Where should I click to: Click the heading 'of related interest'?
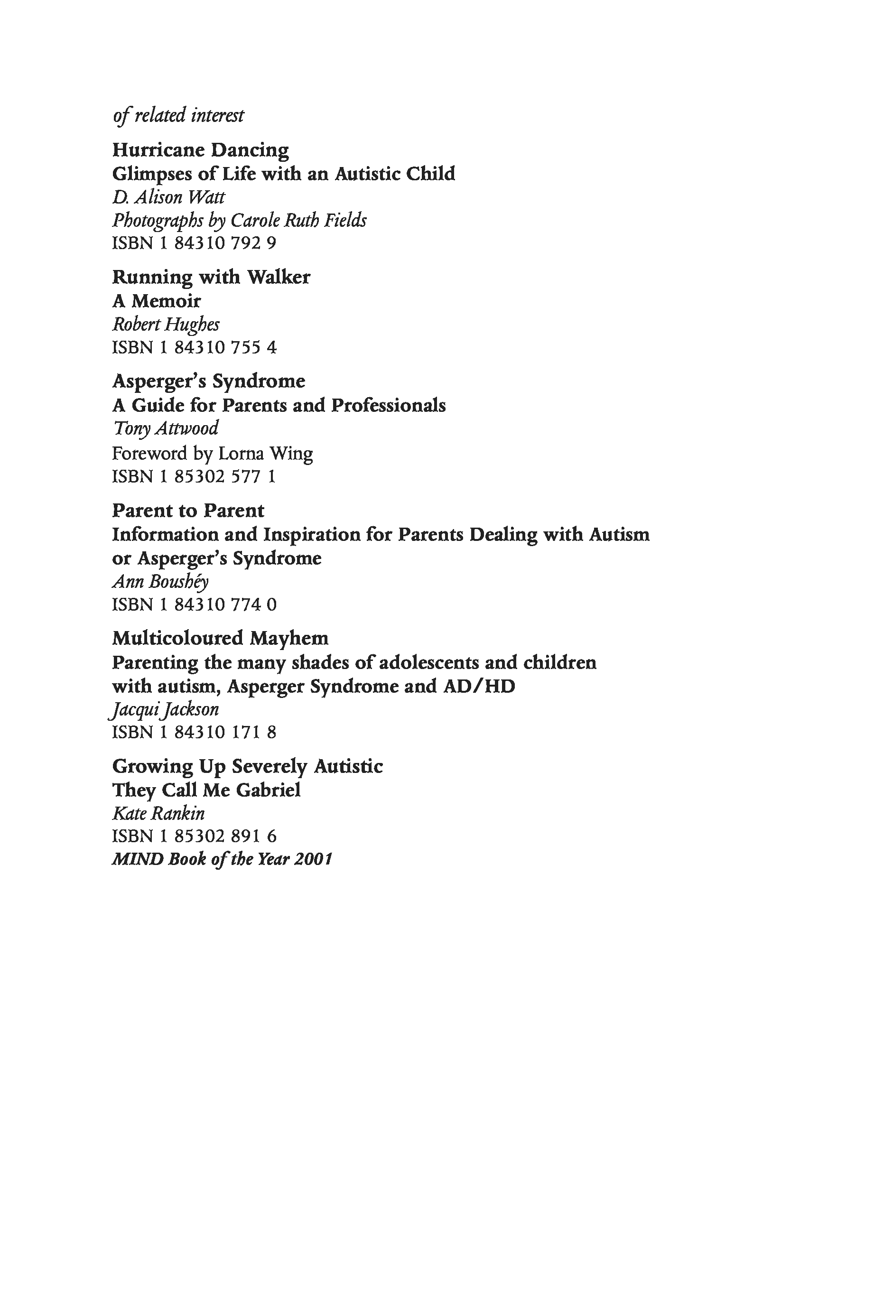[178, 115]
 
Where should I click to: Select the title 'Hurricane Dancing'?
[201, 150]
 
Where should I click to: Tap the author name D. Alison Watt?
[168, 197]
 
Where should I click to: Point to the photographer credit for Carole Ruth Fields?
[239, 221]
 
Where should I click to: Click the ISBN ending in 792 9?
[194, 243]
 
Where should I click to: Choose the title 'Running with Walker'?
[211, 277]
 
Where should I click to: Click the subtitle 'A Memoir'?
[156, 301]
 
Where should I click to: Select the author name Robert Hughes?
[166, 325]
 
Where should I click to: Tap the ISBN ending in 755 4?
[194, 348]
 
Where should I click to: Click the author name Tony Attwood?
[166, 428]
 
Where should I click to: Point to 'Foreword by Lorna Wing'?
[213, 453]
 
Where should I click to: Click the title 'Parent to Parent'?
[188, 511]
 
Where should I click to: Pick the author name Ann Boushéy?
[160, 582]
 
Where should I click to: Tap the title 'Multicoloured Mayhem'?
[220, 638]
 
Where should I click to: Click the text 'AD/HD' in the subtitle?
[479, 686]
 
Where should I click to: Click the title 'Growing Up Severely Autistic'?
[248, 766]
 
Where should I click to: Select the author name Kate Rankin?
[158, 814]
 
